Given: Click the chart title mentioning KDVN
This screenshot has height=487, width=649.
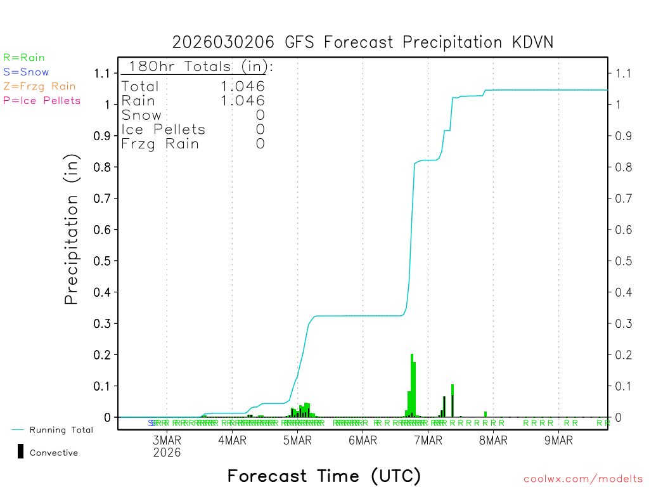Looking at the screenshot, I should [x=363, y=42].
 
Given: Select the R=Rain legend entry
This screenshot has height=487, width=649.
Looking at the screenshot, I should [x=24, y=58].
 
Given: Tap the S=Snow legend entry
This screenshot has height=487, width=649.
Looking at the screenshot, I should [x=26, y=72].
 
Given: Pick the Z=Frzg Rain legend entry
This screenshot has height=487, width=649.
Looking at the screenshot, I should [x=39, y=86].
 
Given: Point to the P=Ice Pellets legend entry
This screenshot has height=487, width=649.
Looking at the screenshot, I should [x=42, y=100].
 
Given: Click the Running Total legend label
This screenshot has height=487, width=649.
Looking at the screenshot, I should [x=61, y=430].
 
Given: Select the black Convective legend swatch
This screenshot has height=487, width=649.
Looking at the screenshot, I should [x=21, y=451].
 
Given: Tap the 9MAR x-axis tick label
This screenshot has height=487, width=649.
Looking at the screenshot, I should [x=558, y=441].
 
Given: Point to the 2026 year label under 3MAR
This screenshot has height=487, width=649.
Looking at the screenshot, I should [x=167, y=453].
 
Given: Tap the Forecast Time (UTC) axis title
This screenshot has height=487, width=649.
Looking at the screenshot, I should [x=324, y=476].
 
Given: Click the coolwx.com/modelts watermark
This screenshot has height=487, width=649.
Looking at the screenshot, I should [x=583, y=479].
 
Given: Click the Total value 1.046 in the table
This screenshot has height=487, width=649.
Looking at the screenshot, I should [x=243, y=86].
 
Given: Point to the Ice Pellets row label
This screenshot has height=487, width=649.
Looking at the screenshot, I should [x=164, y=129].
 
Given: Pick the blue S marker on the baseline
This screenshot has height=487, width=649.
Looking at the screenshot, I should [x=151, y=423].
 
